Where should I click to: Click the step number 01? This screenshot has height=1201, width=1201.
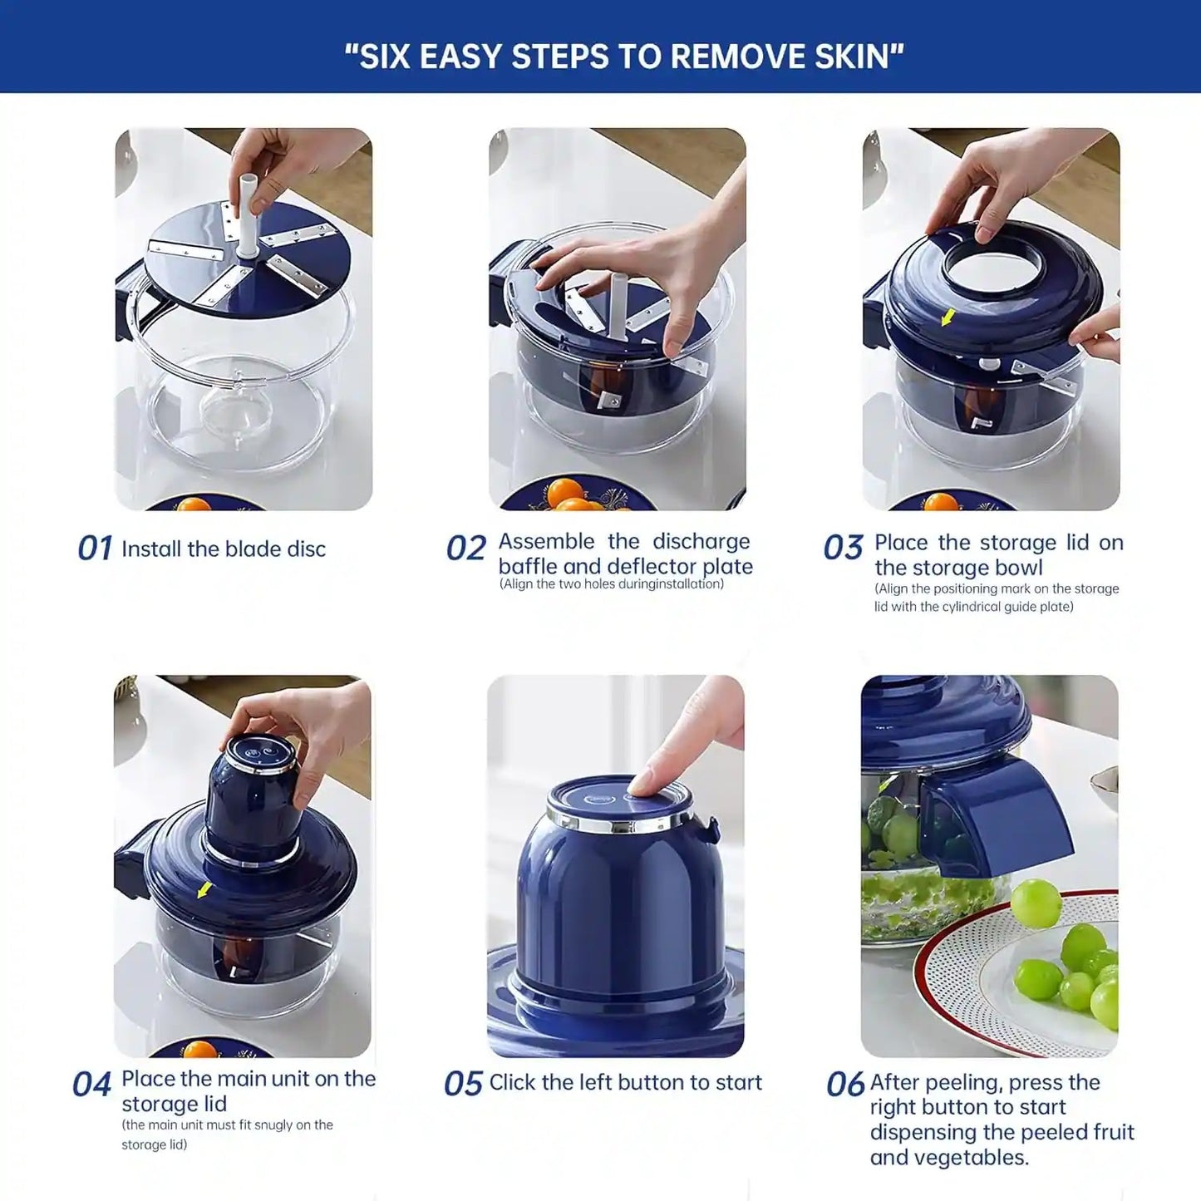click(x=94, y=549)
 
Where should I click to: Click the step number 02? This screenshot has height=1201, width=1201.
click(x=465, y=549)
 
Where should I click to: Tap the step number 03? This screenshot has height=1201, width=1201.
click(x=843, y=549)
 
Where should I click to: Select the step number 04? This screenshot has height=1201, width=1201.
click(x=91, y=1085)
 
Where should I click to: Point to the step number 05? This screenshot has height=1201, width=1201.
click(x=463, y=1084)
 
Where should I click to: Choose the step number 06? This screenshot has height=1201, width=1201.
click(x=844, y=1085)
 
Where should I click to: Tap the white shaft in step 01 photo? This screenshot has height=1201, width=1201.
click(x=248, y=216)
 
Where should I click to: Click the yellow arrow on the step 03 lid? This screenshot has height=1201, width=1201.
click(x=948, y=317)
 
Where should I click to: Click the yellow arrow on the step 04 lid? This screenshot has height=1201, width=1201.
click(x=203, y=890)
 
